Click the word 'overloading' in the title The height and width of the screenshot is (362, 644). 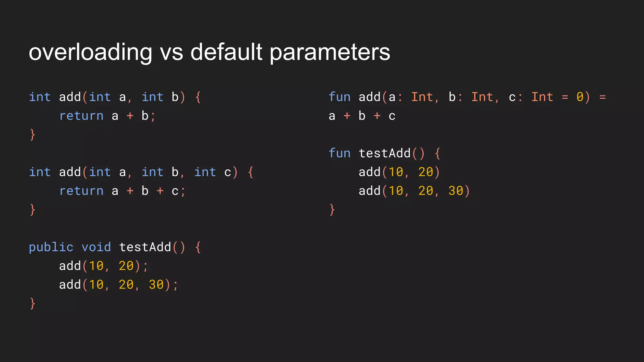91,52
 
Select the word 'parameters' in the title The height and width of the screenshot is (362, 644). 330,53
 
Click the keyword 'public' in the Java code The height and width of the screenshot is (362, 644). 51,247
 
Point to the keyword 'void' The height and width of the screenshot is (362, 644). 96,247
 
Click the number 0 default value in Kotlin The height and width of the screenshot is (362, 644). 580,97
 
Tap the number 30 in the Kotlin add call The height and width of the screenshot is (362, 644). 456,191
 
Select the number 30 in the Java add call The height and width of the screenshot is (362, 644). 156,285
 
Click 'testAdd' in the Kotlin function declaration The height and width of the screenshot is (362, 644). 385,153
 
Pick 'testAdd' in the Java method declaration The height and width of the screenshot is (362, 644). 145,247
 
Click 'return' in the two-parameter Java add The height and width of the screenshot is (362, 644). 81,116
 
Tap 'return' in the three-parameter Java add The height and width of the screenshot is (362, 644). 81,191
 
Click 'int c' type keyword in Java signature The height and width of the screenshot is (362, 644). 205,172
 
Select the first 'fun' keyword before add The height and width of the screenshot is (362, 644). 340,97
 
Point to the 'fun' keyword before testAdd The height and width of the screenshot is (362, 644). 340,153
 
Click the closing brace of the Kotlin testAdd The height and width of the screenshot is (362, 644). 332,210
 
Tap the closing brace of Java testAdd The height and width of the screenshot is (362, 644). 32,304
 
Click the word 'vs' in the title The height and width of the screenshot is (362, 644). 171,52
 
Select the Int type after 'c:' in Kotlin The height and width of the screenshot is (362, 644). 542,97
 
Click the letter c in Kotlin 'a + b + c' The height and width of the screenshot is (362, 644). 392,116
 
